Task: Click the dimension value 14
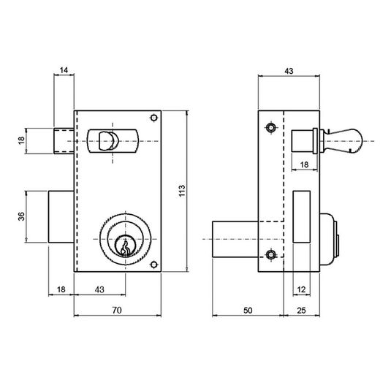64,70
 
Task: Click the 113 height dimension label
182,191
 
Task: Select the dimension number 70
117,311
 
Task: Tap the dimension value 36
21,216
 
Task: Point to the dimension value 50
248,311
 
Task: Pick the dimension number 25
301,311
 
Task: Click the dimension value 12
301,289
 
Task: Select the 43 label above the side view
289,71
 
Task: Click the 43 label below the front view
99,289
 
